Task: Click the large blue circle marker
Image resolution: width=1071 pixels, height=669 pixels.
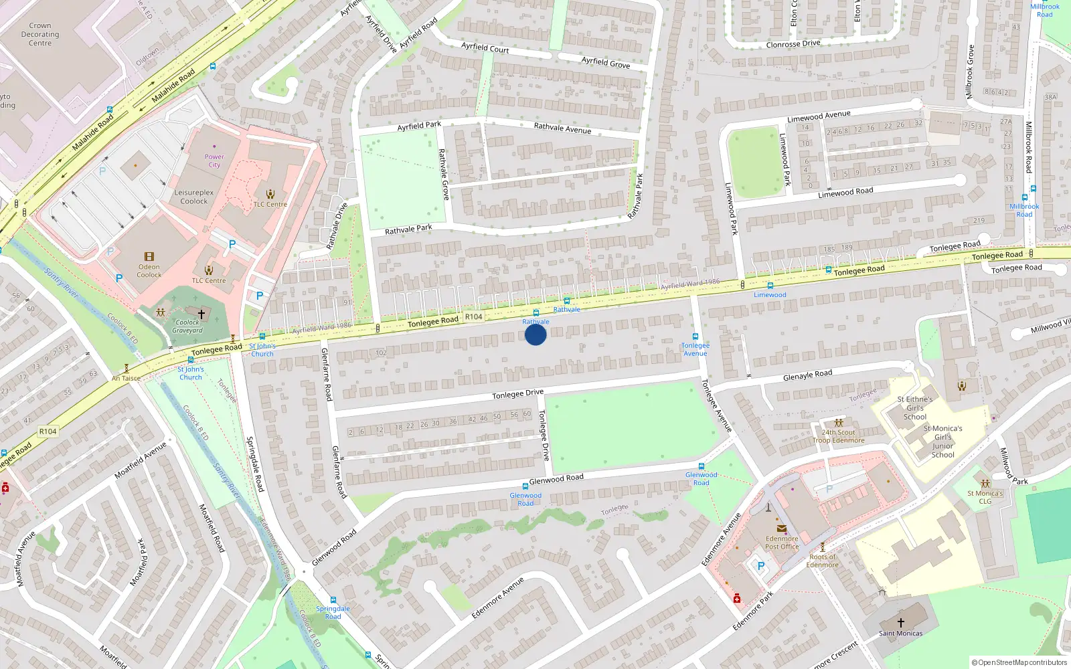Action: (x=535, y=334)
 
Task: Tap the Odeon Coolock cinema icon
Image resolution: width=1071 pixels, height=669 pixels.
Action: (x=149, y=257)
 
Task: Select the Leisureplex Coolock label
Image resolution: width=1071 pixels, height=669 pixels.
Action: (x=194, y=197)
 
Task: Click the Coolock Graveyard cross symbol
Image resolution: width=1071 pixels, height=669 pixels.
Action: (x=201, y=313)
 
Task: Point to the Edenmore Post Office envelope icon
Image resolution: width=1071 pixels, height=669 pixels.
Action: (x=781, y=529)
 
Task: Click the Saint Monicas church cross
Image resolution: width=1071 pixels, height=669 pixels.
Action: (x=901, y=623)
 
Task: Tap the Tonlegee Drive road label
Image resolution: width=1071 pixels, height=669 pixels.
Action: (x=517, y=395)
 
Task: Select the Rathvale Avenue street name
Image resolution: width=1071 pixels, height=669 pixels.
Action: (x=562, y=128)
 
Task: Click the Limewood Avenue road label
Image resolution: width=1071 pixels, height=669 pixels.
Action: (x=819, y=116)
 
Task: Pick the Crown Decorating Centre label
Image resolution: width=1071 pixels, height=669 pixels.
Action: (x=40, y=34)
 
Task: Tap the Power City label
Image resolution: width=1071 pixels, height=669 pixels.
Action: (x=214, y=161)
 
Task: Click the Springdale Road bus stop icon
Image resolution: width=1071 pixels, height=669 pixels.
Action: (x=333, y=600)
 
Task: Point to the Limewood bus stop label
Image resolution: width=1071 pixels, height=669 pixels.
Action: (x=770, y=294)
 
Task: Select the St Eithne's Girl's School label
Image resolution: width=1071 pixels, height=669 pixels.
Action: (x=915, y=408)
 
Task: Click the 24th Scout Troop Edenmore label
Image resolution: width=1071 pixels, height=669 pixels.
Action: (x=839, y=436)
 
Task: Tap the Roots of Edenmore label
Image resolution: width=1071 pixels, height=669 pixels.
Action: (x=823, y=561)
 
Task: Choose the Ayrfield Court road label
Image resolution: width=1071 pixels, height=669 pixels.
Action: (x=485, y=47)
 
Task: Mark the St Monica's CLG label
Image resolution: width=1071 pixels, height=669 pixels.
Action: (x=985, y=497)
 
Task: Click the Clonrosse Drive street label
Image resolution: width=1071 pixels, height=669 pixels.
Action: (x=793, y=44)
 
